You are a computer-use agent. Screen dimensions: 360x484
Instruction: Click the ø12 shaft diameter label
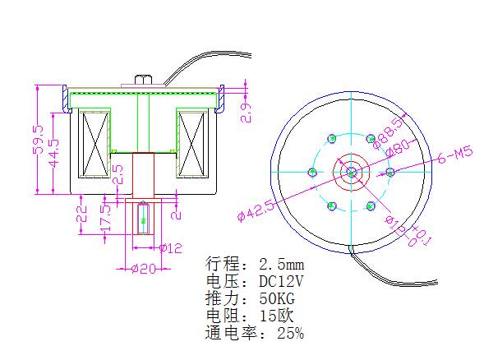tap(170, 247)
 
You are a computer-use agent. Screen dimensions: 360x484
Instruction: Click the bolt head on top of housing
tap(142, 79)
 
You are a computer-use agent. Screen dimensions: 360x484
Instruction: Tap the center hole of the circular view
tap(350, 172)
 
